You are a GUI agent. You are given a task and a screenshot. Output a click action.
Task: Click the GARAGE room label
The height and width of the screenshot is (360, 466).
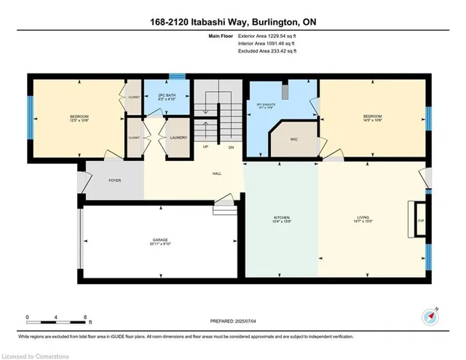pyautogui.click(x=160, y=240)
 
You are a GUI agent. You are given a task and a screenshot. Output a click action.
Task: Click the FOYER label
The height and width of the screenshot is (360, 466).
pyautogui.click(x=114, y=180)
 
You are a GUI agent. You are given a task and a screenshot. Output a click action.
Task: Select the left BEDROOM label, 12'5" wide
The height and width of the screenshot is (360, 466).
pyautogui.click(x=79, y=118)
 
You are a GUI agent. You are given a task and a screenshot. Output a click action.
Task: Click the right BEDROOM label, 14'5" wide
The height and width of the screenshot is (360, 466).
pyautogui.click(x=372, y=118)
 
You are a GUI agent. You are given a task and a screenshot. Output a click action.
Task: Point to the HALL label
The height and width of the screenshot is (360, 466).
pyautogui.click(x=216, y=174)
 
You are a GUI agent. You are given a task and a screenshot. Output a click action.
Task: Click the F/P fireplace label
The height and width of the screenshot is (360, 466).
pyautogui.click(x=420, y=220)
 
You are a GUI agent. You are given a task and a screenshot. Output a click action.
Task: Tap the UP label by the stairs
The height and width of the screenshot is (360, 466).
pyautogui.click(x=205, y=147)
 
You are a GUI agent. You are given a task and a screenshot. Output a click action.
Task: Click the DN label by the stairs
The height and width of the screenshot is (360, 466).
pyautogui.click(x=231, y=147)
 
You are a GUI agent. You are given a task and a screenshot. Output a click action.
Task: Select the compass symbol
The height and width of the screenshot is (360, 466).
pyautogui.click(x=429, y=316)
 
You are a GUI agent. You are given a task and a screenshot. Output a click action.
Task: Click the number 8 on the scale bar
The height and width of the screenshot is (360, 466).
pyautogui.click(x=85, y=317)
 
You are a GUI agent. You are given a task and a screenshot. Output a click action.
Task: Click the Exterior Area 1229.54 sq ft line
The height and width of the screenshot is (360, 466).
pyautogui.click(x=268, y=35)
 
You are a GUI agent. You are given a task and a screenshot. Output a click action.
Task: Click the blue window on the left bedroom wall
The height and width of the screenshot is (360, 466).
pyautogui.click(x=30, y=117)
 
